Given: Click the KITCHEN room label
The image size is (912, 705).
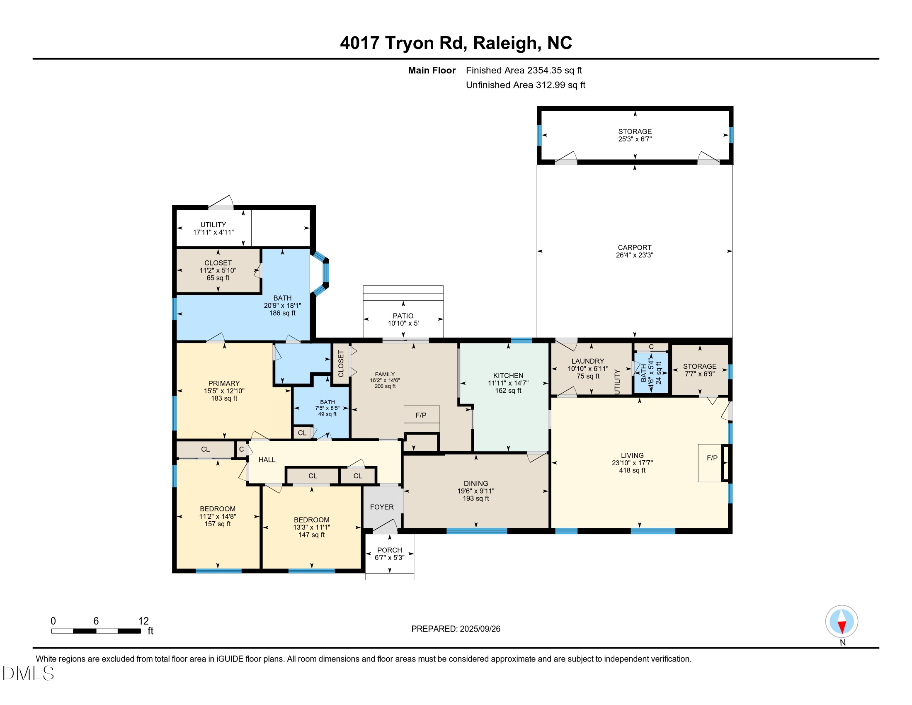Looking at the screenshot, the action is (508, 375).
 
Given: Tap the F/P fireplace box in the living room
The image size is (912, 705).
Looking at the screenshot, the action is (711, 463).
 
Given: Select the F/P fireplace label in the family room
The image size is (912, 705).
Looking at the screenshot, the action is (421, 415).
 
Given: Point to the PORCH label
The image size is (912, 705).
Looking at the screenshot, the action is (390, 550).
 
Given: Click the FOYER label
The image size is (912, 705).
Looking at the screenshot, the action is (382, 507).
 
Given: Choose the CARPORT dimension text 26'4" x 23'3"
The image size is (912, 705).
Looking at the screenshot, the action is (634, 255).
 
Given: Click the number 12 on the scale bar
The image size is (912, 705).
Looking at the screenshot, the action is (143, 621).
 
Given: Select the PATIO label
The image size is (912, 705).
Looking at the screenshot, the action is (403, 316).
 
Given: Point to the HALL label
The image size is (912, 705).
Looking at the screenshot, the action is (267, 460).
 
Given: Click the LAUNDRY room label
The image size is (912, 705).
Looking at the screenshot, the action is (587, 361).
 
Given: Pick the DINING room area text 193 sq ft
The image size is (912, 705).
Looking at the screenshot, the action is (475, 498).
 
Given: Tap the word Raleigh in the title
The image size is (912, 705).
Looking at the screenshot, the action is (505, 43).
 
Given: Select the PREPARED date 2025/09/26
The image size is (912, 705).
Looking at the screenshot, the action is (479, 629).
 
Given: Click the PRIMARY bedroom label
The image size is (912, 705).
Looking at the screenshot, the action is (224, 384).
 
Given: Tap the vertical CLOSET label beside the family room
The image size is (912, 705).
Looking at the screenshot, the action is (341, 363).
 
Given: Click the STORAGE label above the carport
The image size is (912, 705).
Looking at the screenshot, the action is (635, 131).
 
